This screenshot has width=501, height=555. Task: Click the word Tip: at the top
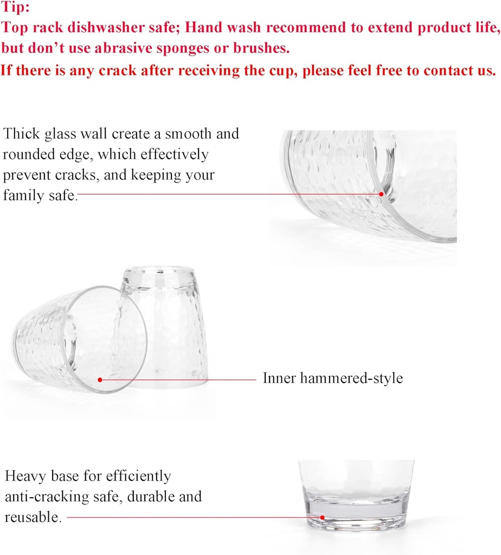tap(15, 7)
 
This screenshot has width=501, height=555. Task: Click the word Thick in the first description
tap(21, 133)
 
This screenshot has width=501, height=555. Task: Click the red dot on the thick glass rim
tap(381, 194)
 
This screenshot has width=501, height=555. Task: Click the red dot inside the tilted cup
tap(100, 380)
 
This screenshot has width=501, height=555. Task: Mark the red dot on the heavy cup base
tap(322, 518)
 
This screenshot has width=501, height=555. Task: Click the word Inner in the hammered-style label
tap(279, 378)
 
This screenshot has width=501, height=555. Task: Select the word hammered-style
tap(351, 378)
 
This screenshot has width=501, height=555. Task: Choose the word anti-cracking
tap(47, 497)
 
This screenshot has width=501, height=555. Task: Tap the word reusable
tap(33, 517)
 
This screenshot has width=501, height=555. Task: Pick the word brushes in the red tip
tap(261, 48)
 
